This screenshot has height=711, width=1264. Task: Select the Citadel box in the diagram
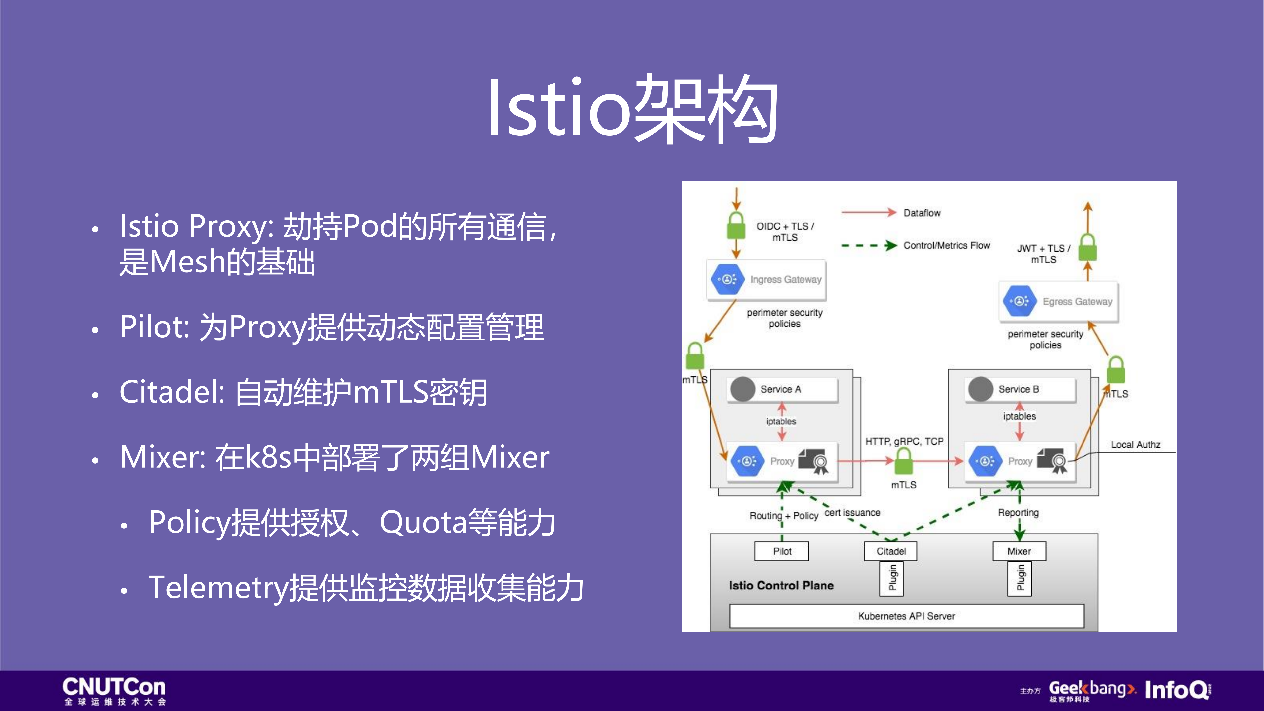tap(891, 551)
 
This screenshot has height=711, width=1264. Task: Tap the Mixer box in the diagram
tap(1019, 551)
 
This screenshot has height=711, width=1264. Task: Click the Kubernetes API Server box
tap(906, 616)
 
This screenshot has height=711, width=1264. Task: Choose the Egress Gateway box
tap(1058, 301)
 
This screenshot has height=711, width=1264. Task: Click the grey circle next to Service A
tap(742, 389)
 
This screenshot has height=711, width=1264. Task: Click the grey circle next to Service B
tap(980, 389)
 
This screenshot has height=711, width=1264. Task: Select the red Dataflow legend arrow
tap(868, 212)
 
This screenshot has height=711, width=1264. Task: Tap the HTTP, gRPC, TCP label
tap(904, 441)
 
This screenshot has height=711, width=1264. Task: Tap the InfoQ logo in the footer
tap(1178, 690)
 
